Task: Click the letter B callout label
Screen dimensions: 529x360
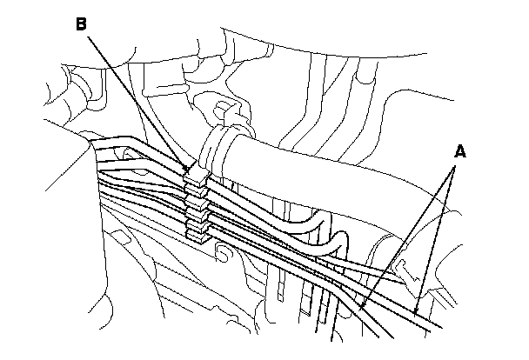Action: [x=80, y=23]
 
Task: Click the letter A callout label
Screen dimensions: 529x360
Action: [x=460, y=151]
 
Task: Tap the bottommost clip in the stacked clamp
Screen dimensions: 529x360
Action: [x=198, y=232]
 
